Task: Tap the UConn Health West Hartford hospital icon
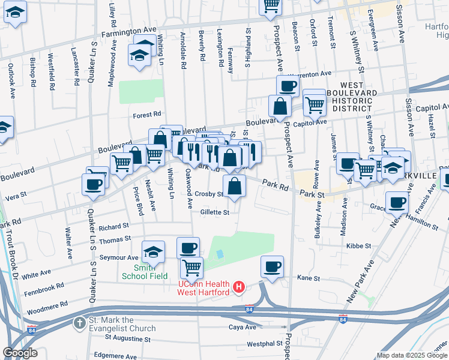point(240,287)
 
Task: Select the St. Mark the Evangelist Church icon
point(79,323)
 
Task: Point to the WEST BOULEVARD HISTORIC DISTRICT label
point(359,97)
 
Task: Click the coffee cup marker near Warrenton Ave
point(288,86)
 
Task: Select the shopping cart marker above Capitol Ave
point(315,104)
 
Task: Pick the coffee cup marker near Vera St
point(94,184)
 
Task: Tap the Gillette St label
point(215,212)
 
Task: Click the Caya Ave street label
point(243,327)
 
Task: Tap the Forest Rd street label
point(148,114)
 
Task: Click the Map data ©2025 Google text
point(412,355)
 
